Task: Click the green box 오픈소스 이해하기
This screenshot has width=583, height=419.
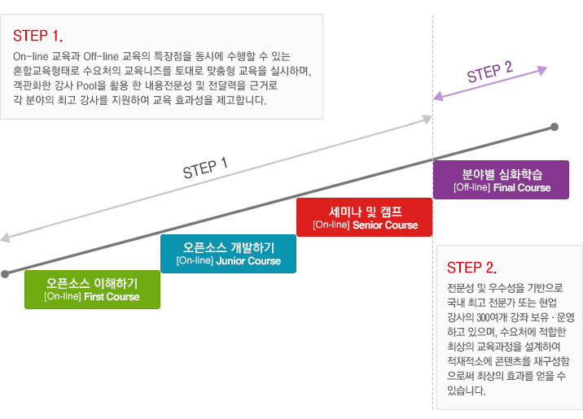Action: (x=92, y=290)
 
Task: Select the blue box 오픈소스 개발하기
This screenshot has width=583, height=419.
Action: (x=228, y=254)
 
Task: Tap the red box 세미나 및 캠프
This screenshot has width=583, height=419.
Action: (x=364, y=217)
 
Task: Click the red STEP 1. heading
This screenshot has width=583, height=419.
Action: (x=37, y=36)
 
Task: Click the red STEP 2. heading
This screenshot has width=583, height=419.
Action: (x=471, y=268)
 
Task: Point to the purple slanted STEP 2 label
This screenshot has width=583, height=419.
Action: (x=489, y=74)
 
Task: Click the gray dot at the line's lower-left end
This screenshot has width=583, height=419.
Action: (x=6, y=274)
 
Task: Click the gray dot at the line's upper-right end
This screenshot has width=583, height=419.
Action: (x=555, y=127)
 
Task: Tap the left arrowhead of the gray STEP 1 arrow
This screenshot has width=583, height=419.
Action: (x=5, y=239)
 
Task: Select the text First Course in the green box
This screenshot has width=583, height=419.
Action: (x=112, y=297)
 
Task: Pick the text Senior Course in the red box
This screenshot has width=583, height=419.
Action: (x=385, y=225)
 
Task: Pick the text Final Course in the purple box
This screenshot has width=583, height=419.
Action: (x=522, y=187)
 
